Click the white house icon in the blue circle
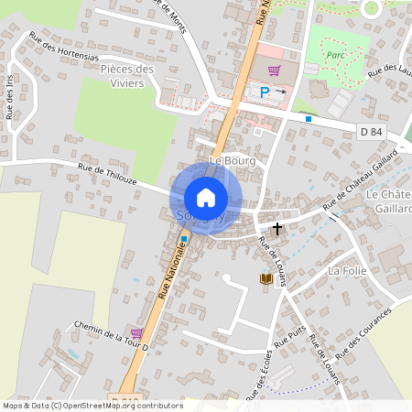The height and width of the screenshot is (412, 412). point(206,197)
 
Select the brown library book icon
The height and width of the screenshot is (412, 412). point(266,278)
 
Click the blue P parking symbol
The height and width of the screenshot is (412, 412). point(266,92)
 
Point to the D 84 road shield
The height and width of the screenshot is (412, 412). point(371,132)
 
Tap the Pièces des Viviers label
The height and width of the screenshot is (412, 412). point(127,75)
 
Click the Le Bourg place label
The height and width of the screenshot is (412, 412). point(232,160)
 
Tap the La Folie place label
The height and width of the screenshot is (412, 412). point(347,271)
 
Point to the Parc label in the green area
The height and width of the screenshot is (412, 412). point(334,53)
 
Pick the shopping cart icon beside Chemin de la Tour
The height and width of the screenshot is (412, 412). point(137,332)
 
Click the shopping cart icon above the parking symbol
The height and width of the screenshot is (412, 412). point(273,70)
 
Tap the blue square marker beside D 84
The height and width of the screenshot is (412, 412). point(309,118)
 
